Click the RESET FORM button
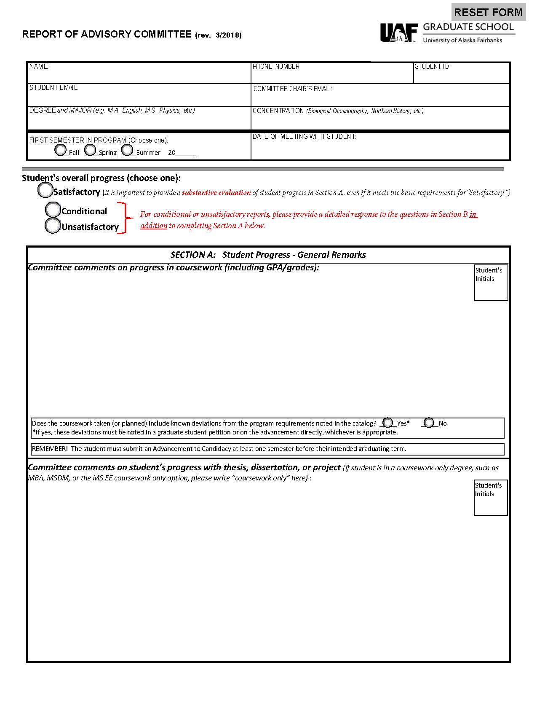489,12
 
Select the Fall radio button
61,150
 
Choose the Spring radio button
90,150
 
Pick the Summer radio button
127,150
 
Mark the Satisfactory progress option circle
45,190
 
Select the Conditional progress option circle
53,210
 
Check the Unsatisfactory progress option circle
53,226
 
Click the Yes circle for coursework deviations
388,423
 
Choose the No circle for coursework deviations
429,423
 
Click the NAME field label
39,67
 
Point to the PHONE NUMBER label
276,67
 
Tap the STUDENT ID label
432,67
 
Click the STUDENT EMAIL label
53,88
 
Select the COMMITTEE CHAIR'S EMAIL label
292,89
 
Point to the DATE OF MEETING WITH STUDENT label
304,137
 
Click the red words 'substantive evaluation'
216,193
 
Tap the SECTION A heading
268,255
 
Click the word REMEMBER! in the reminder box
50,449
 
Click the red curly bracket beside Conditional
123,218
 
